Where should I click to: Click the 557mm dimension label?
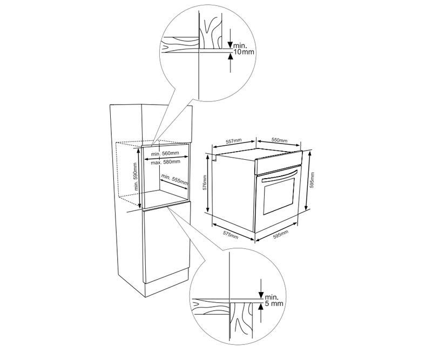tap(234, 141)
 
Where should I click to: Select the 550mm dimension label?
tap(279, 140)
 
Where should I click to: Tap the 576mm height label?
tap(205, 182)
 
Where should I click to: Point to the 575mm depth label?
tap(231, 235)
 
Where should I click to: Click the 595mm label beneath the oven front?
tap(280, 234)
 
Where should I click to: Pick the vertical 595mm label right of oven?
tap(312, 180)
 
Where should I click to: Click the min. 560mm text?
tap(165, 153)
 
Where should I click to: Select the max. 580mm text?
tap(165, 162)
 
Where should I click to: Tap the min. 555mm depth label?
tap(174, 179)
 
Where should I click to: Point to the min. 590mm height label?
tap(136, 176)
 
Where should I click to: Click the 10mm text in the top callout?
tap(244, 51)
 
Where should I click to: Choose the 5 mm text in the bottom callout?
tap(274, 303)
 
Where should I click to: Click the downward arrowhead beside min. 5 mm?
tap(261, 295)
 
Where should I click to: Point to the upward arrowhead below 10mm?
tap(231, 56)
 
